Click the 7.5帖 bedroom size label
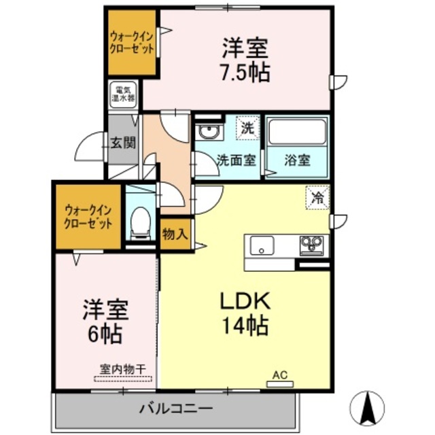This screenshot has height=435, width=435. tap(245, 72)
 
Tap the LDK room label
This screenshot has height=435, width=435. tap(244, 301)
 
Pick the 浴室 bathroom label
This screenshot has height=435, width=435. tap(297, 161)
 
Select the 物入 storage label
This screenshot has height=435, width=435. tap(175, 234)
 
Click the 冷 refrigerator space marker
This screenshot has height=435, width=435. tap(317, 198)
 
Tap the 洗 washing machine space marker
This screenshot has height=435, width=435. tap(248, 127)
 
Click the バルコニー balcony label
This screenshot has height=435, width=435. tap(176, 409)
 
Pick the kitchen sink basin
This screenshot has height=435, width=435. tap(262, 245)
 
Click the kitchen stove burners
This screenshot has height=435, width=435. tap(312, 243)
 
